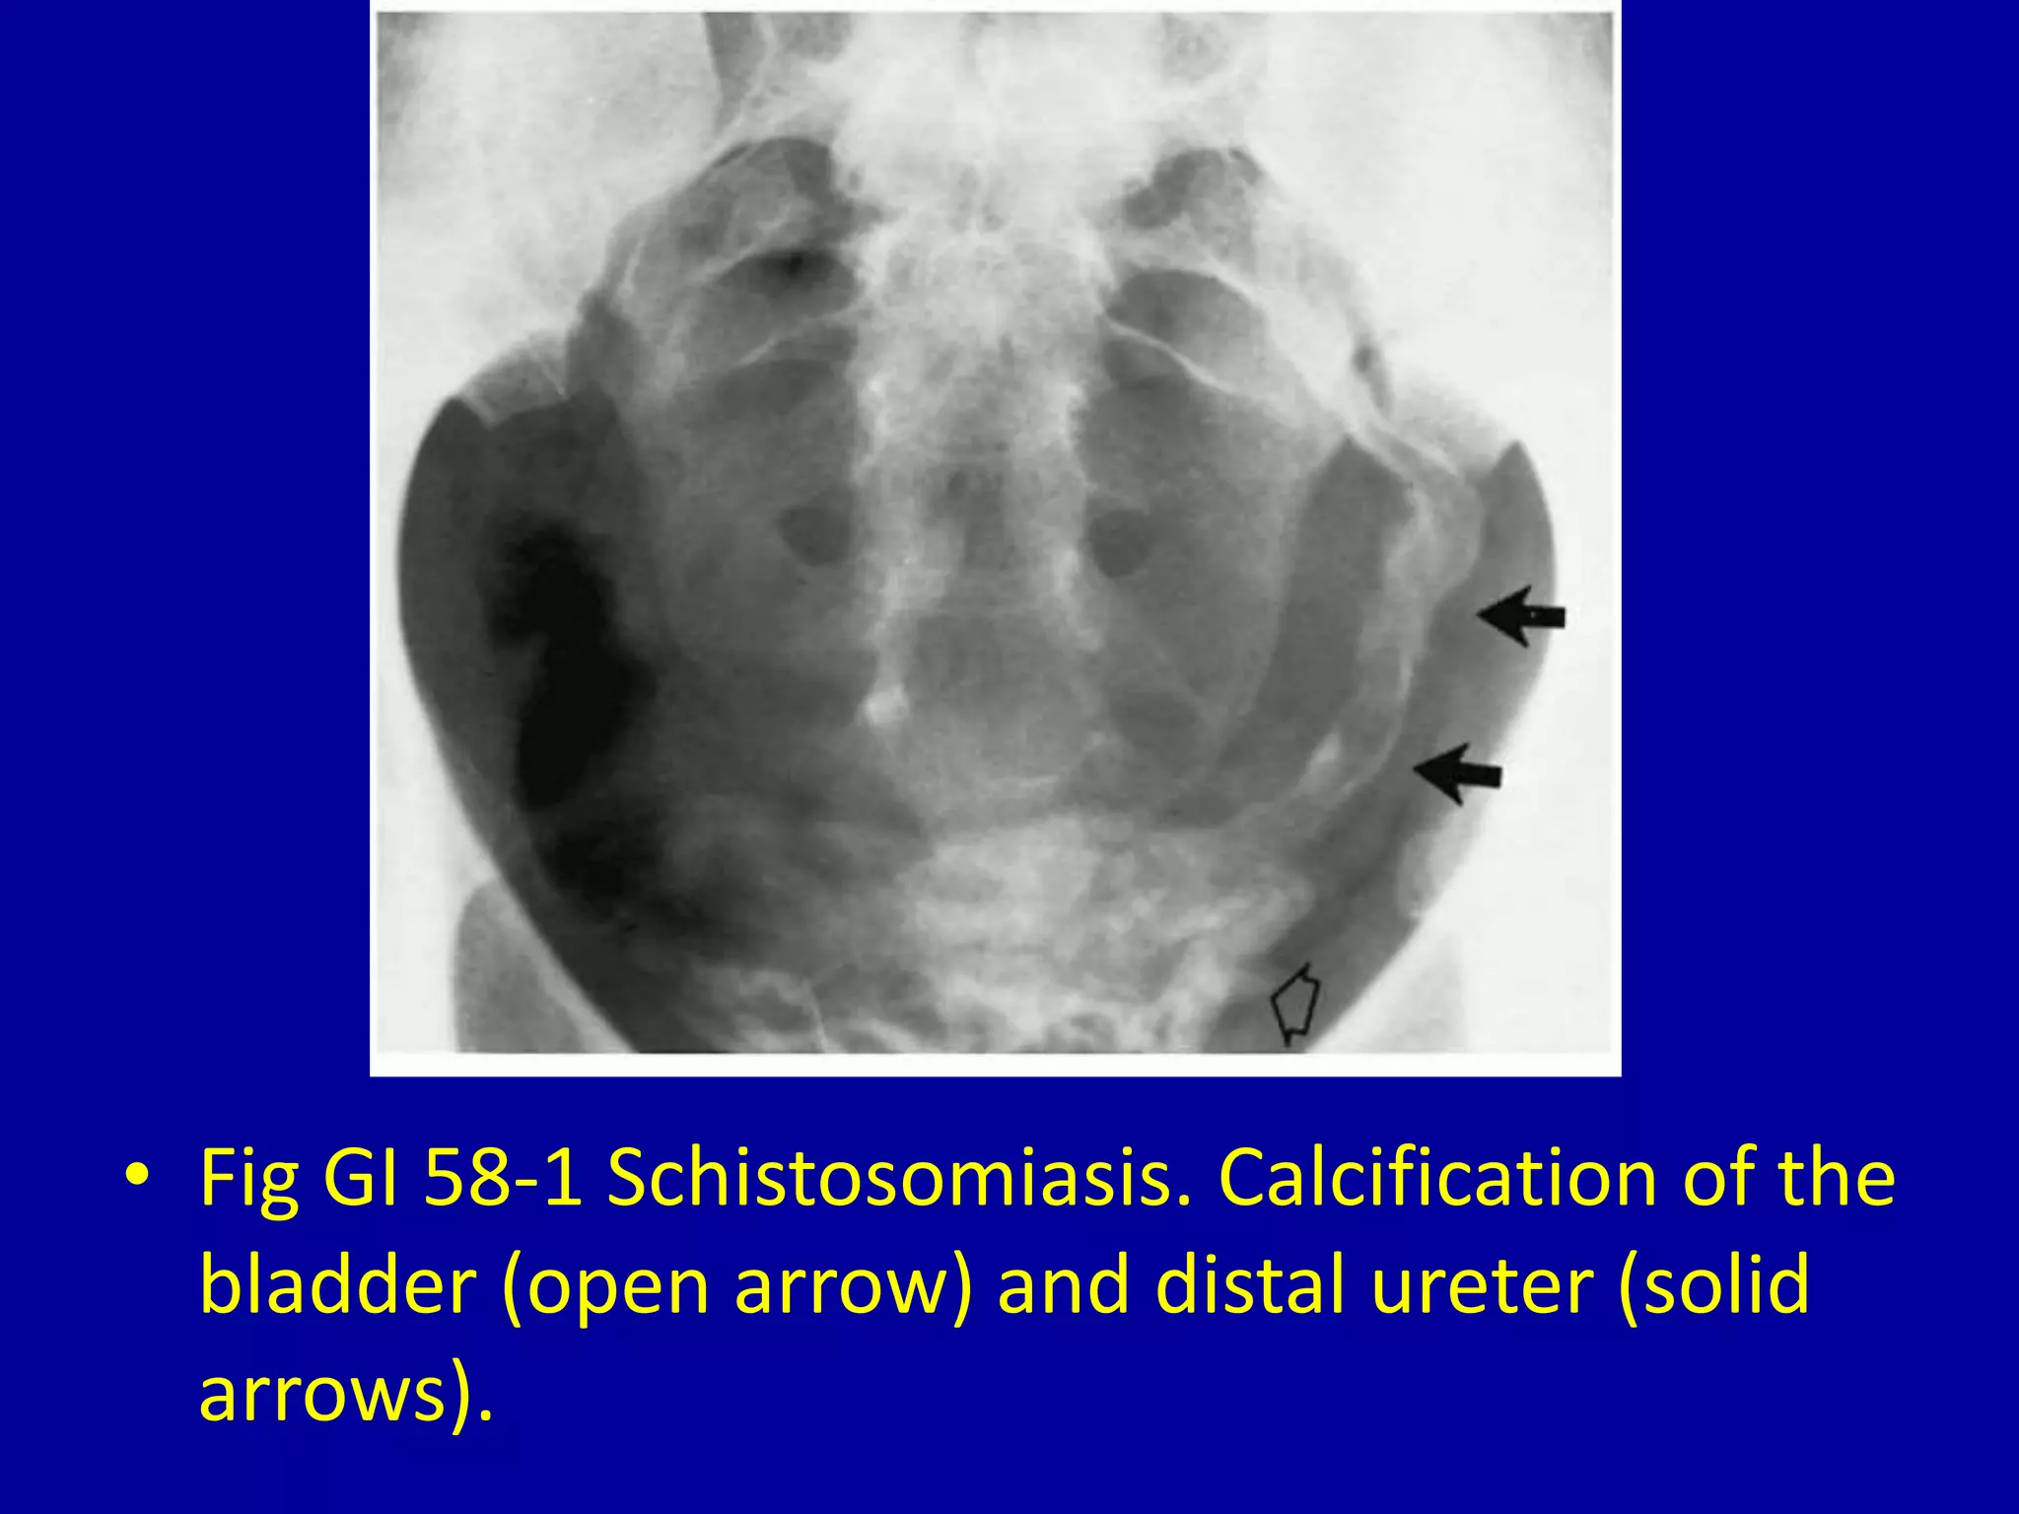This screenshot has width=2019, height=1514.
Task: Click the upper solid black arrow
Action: coord(1520,616)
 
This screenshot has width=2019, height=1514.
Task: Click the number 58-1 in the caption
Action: coord(503,1178)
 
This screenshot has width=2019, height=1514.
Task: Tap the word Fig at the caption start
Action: coord(248,1180)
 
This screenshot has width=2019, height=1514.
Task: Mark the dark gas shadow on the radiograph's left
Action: coord(562,670)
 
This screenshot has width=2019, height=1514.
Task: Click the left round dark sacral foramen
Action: coord(814,538)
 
